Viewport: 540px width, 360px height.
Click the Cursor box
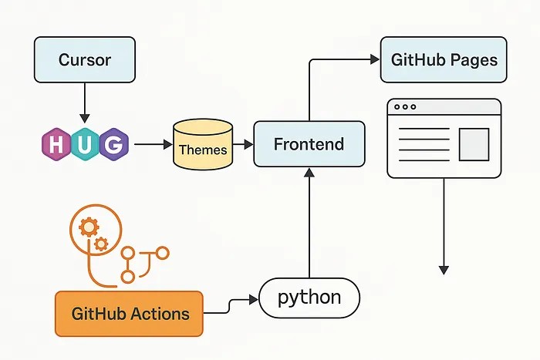coord(85,59)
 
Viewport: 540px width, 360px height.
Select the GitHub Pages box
coord(444,59)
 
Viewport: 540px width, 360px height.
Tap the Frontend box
coord(309,144)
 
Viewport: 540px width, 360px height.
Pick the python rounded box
coord(309,298)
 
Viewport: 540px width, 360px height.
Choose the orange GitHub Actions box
coord(130,314)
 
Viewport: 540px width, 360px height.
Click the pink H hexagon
coord(57,144)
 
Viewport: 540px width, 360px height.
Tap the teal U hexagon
coord(85,144)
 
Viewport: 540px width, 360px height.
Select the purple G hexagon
coord(113,144)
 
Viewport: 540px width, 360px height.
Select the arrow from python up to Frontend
coord(309,224)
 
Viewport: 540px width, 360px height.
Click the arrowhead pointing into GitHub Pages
coord(374,59)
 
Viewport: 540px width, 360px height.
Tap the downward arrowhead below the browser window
coord(444,269)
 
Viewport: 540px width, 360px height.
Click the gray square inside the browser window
coord(474,143)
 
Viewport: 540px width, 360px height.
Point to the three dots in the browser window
coord(404,107)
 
